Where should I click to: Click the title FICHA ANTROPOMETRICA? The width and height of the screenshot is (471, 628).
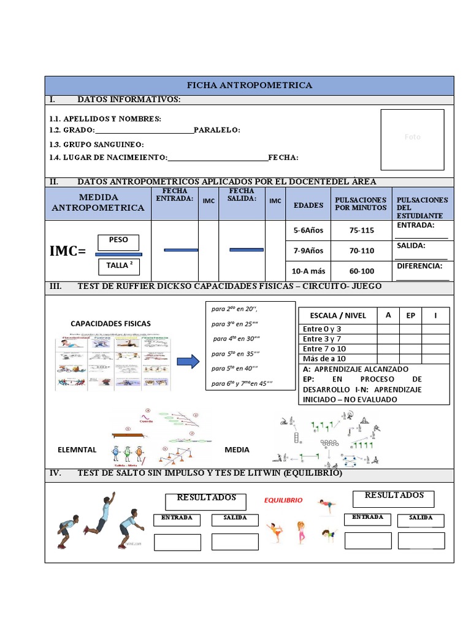point(249,85)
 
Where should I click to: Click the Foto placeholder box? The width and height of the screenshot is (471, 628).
point(412,139)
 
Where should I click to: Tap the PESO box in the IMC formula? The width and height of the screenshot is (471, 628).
point(118,240)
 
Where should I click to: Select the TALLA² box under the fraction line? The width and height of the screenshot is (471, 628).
point(118,266)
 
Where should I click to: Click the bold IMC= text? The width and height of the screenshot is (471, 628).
point(67,251)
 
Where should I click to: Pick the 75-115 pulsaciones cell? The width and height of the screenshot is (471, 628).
point(361,231)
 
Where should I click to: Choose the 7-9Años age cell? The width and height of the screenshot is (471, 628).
point(308,251)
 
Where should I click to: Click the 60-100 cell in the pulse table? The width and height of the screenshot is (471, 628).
point(361,271)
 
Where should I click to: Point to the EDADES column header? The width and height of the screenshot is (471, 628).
point(308,205)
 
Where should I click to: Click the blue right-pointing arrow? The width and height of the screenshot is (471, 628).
point(188,362)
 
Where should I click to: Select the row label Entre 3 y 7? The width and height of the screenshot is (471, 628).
point(322,339)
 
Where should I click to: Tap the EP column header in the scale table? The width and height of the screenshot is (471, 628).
point(410,315)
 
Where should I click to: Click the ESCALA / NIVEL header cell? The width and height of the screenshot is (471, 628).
point(337,315)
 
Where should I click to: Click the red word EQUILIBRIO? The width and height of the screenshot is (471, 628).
point(283,500)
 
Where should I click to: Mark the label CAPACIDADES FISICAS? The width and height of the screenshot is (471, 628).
point(110,324)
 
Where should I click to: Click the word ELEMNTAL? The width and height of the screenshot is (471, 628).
point(78,450)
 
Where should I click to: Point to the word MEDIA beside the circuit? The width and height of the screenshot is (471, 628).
point(237,450)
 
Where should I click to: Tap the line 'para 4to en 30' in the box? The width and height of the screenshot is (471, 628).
point(235,339)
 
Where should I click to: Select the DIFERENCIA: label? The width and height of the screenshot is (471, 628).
point(419,266)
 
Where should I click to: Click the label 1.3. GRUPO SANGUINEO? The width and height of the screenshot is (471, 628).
point(97,145)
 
